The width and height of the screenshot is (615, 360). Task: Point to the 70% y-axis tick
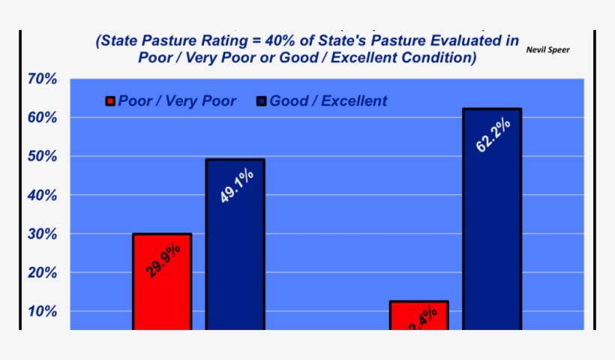coord(42,79)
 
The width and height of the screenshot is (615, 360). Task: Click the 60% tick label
coord(42,118)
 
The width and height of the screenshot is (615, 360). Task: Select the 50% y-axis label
coord(42,157)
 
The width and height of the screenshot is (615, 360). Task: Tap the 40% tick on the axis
coord(42,195)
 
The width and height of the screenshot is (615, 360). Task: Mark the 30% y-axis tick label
coord(42,234)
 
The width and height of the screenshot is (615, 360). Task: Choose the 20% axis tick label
coord(42,273)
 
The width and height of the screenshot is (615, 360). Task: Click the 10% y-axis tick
coord(42,311)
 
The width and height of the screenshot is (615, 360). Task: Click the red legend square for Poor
coord(111,101)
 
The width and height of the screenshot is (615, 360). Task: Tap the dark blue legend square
coord(262,101)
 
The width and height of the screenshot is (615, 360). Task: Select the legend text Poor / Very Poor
coord(177,101)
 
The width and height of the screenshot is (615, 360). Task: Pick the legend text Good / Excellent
coord(328,101)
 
